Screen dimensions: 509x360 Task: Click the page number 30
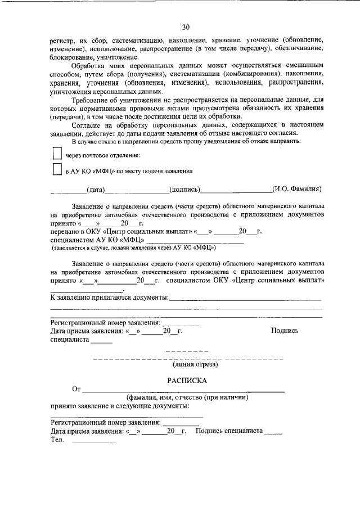coord(186,27)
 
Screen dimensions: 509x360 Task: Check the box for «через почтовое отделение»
coord(56,154)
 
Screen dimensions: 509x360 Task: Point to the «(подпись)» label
coord(186,190)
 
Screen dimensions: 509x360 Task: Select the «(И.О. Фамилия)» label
coord(296,190)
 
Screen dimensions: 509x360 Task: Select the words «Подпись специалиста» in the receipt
coord(229,430)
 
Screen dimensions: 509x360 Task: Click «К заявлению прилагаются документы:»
coord(110,297)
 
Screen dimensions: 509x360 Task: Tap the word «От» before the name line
coord(77,389)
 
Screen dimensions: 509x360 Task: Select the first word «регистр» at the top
coord(62,41)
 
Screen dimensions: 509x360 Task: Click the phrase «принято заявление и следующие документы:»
coord(120,406)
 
